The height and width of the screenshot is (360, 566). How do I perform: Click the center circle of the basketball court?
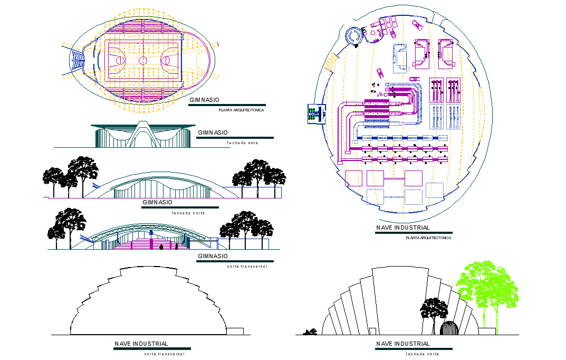pyautogui.click(x=143, y=61)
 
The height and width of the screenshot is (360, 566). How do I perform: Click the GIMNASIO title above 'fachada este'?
pyautogui.click(x=213, y=132)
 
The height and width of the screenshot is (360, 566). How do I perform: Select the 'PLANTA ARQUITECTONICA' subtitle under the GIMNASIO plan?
pyautogui.click(x=241, y=110)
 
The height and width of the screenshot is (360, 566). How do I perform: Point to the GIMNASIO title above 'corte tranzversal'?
pyautogui.click(x=213, y=256)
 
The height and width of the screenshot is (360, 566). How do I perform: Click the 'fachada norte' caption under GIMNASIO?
pyautogui.click(x=188, y=213)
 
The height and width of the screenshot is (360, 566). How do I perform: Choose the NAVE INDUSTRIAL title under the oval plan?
pyautogui.click(x=403, y=228)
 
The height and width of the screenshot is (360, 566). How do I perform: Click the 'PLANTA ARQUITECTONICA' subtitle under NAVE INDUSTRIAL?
pyautogui.click(x=428, y=238)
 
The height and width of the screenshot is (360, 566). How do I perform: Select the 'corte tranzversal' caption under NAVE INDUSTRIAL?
pyautogui.click(x=164, y=354)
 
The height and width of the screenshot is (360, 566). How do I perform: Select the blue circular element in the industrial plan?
pyautogui.click(x=352, y=36)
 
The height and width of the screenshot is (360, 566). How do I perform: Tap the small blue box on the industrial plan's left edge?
pyautogui.click(x=314, y=114)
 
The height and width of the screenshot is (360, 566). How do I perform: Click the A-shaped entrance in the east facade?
pyautogui.click(x=142, y=135)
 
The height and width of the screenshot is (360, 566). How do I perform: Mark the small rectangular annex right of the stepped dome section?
pyautogui.click(x=235, y=331)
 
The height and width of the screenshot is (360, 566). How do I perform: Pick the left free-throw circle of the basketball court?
pyautogui.click(x=119, y=61)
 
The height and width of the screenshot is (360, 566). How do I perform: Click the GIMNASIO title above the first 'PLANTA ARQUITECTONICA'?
pyautogui.click(x=205, y=100)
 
